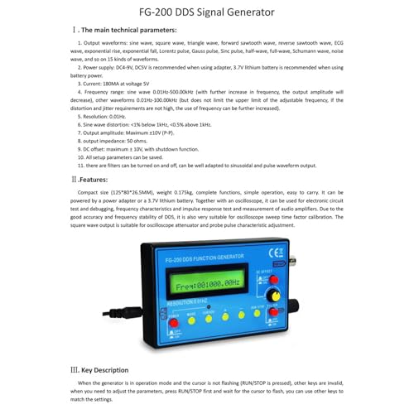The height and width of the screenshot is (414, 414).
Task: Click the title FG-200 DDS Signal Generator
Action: click(207, 12)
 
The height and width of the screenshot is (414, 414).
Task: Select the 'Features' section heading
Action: click(92, 178)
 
